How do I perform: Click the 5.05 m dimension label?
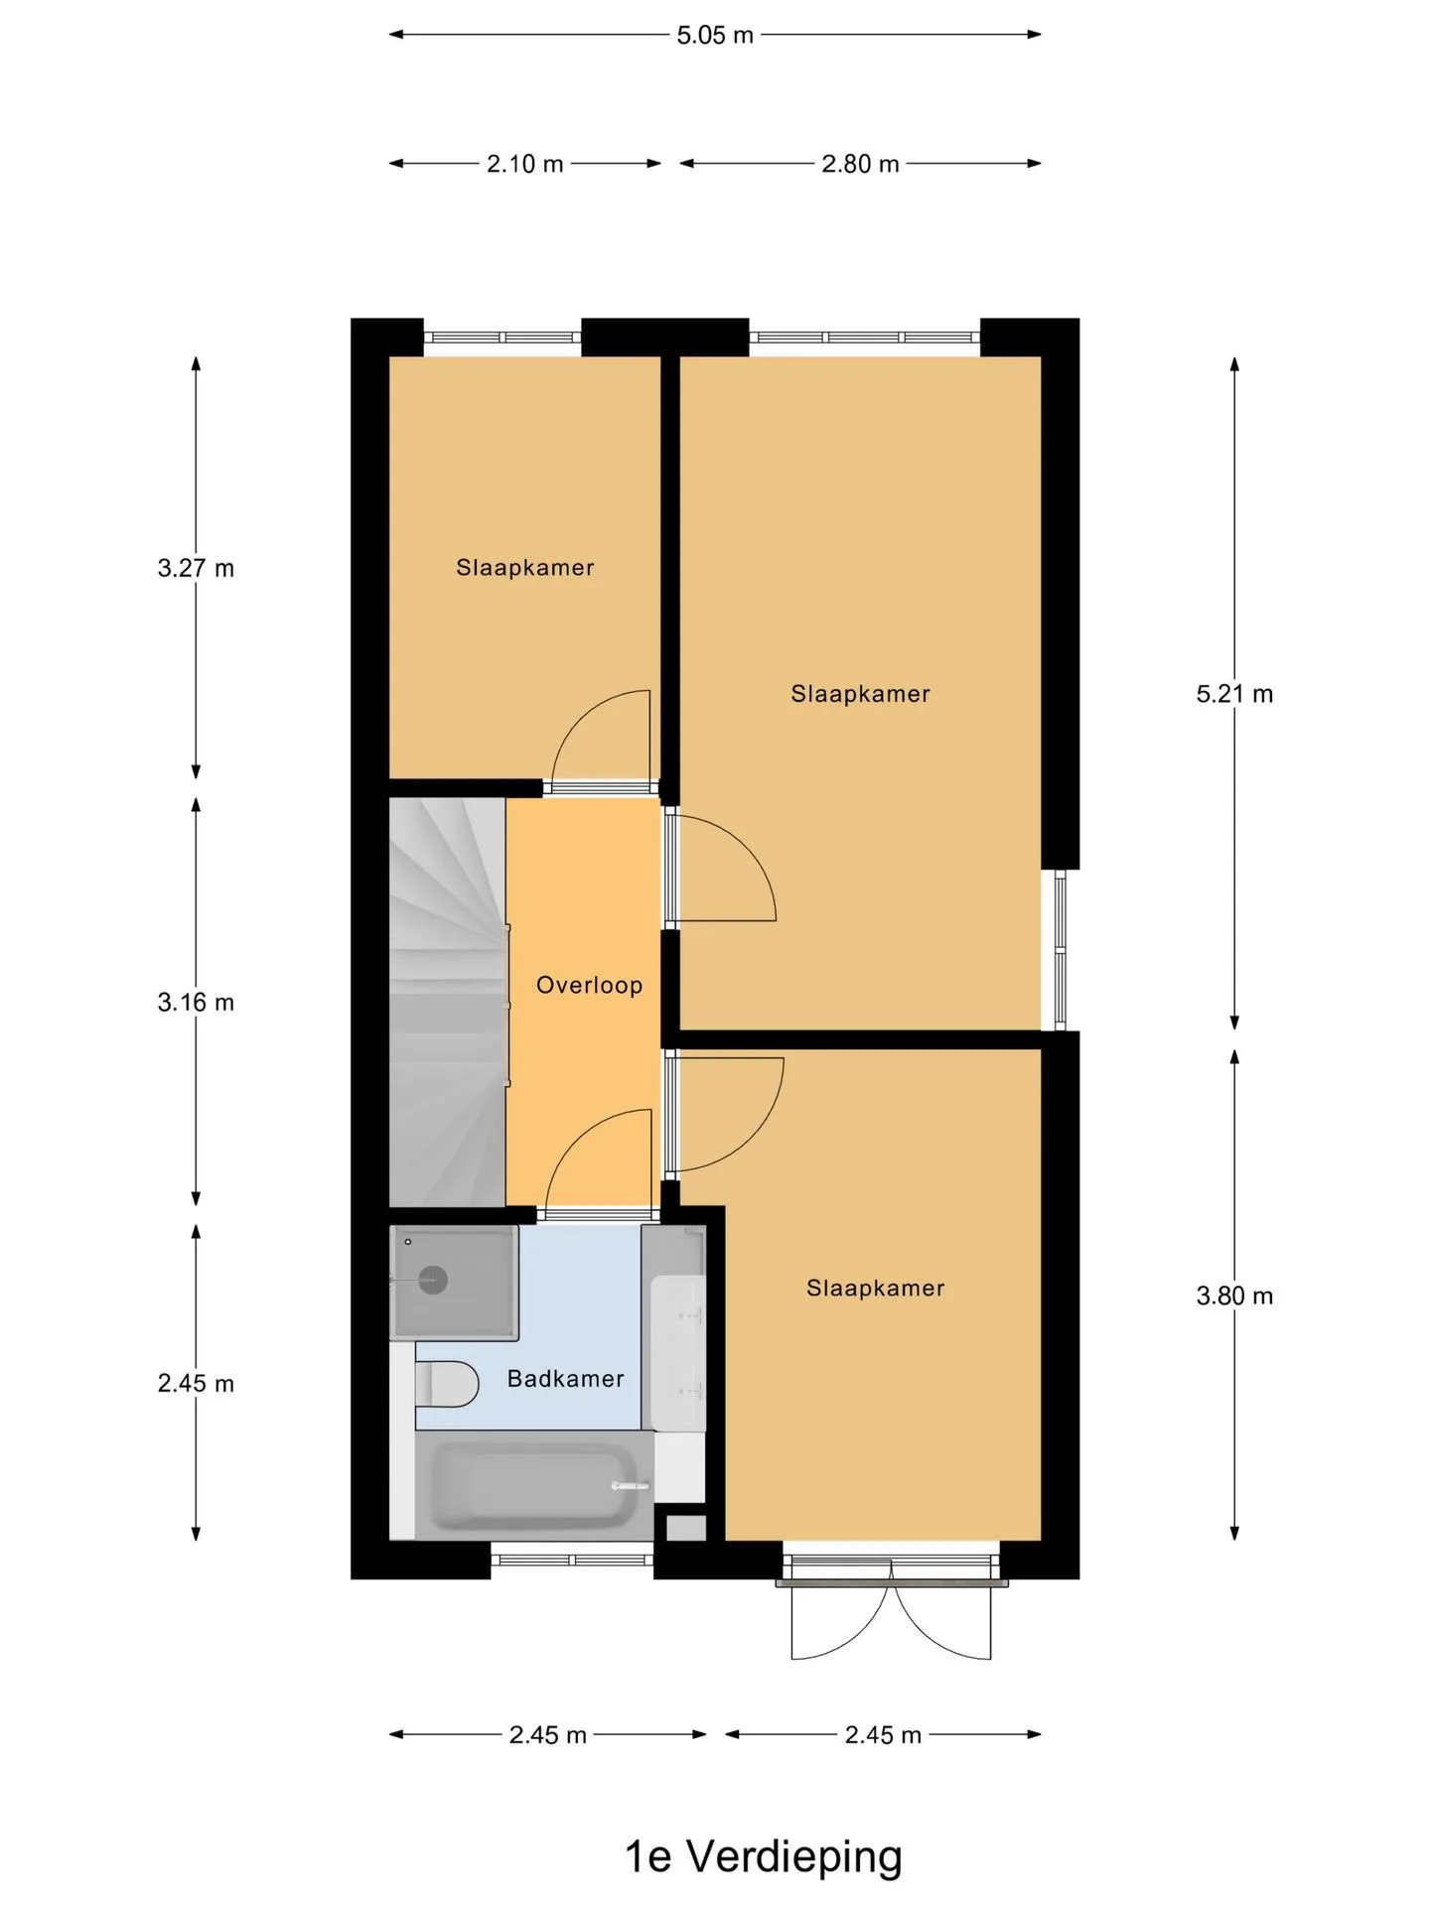pos(715,35)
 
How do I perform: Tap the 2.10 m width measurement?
pos(524,164)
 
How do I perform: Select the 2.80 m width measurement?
pos(860,164)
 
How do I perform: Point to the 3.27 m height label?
pos(196,568)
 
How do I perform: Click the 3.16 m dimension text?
pos(196,1003)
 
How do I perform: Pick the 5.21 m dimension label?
pos(1234,694)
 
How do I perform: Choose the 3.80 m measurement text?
pos(1234,1295)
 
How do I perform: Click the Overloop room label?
pos(590,985)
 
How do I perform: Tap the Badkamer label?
pos(566,1379)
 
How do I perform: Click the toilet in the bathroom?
pos(447,1384)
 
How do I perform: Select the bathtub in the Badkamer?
pos(534,1485)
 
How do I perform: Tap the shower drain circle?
pos(433,1280)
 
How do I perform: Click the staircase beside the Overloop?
pos(448,1003)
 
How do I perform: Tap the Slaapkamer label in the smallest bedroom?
pos(525,568)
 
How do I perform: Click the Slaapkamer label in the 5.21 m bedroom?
pos(860,694)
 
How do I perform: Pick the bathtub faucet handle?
pos(630,1486)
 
